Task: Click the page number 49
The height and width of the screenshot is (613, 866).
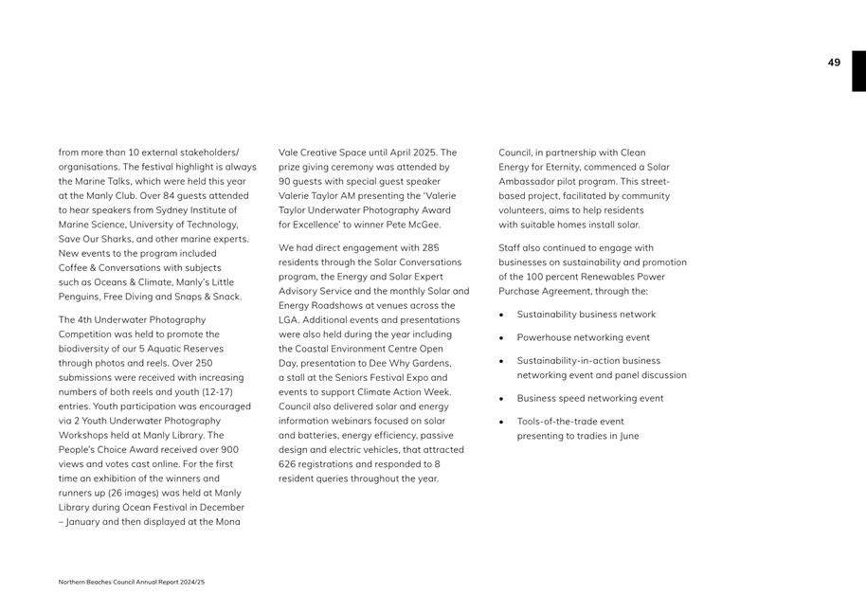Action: point(834,63)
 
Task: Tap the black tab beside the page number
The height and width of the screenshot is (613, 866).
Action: point(858,71)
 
